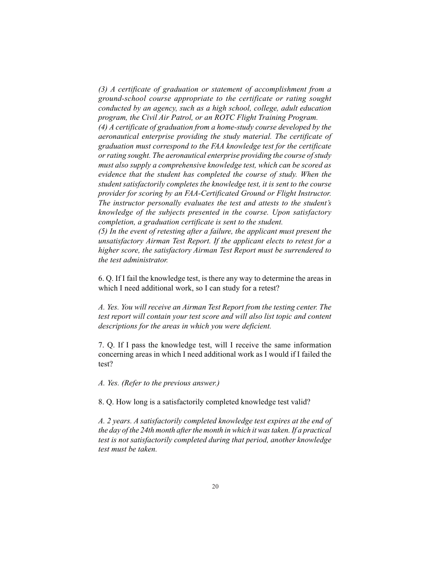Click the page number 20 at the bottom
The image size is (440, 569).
coord(215,486)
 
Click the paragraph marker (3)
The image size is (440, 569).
coord(103,89)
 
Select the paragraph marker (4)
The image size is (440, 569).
coord(103,127)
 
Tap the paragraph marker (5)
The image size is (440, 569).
coord(103,231)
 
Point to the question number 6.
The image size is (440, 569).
coord(101,278)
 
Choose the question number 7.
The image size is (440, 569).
coord(101,345)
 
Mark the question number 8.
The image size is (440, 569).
coord(101,402)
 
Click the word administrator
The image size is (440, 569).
coord(144,260)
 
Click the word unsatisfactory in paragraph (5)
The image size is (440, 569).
coord(120,241)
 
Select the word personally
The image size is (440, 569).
coord(151,203)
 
